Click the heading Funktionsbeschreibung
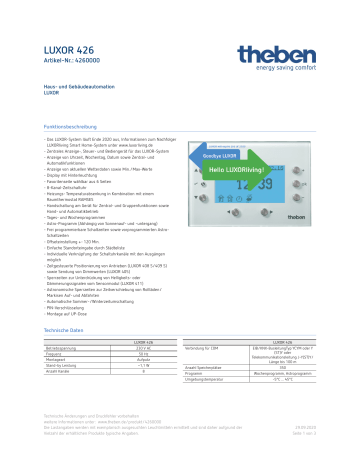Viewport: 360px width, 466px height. pos(80,129)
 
